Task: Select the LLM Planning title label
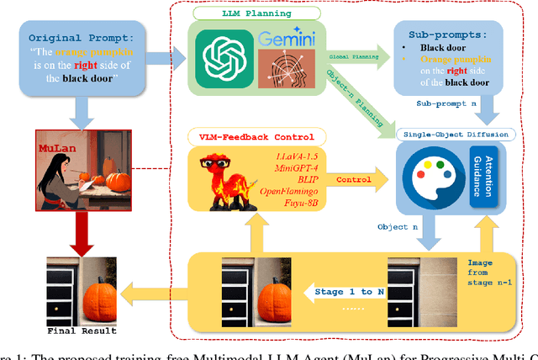click(258, 14)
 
